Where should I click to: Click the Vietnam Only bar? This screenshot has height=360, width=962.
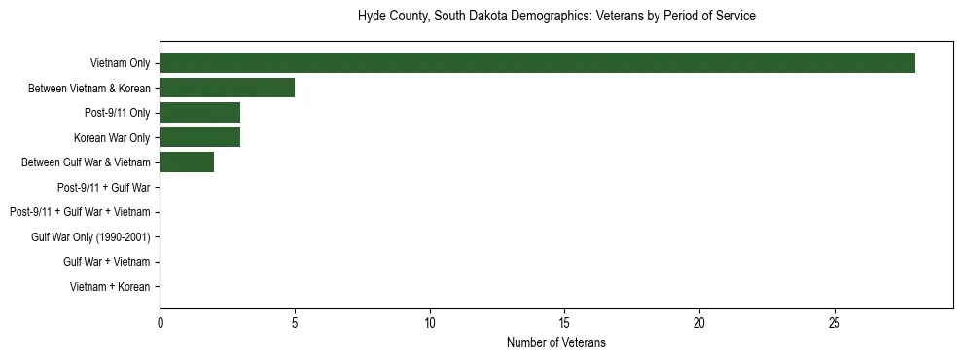[x=537, y=63]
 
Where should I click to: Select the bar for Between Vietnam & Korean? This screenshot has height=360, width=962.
[x=227, y=88]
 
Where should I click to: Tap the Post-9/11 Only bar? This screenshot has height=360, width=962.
[x=199, y=113]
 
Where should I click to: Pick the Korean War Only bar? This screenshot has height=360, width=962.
[x=199, y=137]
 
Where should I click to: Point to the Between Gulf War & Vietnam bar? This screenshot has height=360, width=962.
[x=187, y=162]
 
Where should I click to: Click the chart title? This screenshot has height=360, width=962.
[x=556, y=17]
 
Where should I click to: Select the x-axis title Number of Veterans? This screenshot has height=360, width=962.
[x=556, y=342]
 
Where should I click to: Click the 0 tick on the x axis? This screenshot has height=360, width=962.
[x=160, y=322]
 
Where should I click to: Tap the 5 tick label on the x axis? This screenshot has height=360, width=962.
[x=295, y=322]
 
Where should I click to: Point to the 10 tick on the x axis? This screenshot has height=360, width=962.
[x=430, y=322]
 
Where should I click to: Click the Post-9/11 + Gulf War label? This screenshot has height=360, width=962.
[x=103, y=187]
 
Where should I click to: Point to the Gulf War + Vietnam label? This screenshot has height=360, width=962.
[x=107, y=262]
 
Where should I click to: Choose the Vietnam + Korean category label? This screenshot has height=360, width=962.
[x=110, y=286]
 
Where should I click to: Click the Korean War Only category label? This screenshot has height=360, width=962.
[x=112, y=137]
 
